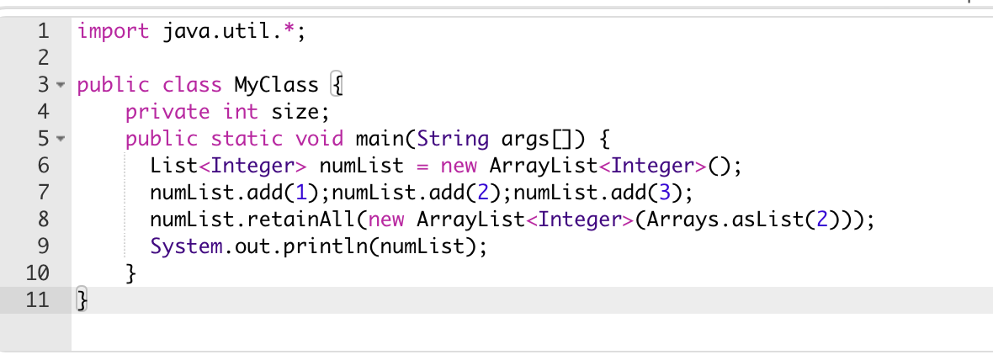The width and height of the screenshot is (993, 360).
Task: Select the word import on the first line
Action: (113, 33)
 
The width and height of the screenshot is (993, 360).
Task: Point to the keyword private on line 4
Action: (167, 111)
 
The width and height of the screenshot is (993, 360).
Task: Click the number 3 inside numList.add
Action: (666, 191)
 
